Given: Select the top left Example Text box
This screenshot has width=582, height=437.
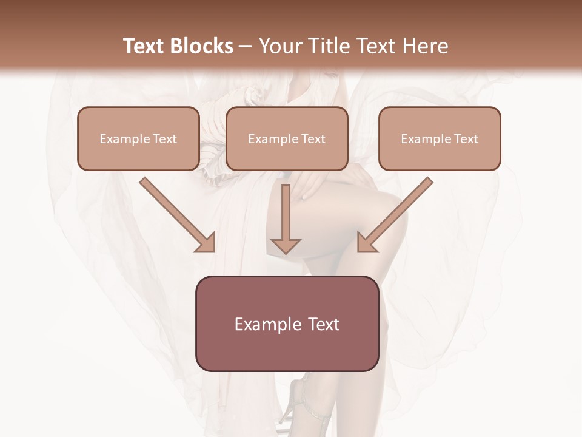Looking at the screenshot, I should (x=138, y=138).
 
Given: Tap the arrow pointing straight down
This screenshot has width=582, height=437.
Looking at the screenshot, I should (x=286, y=218).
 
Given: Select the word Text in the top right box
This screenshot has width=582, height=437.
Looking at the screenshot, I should (x=466, y=139).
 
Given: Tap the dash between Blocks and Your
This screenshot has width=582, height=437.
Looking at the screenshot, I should (x=246, y=47).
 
